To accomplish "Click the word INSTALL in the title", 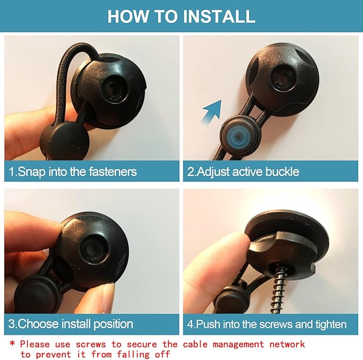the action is pyautogui.click(x=219, y=16).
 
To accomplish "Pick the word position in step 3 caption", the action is pyautogui.click(x=113, y=324).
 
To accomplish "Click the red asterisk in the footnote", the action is pyautogui.click(x=12, y=343).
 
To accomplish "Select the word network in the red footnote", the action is pyautogui.click(x=287, y=344).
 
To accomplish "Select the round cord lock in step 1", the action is pyautogui.click(x=64, y=141).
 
